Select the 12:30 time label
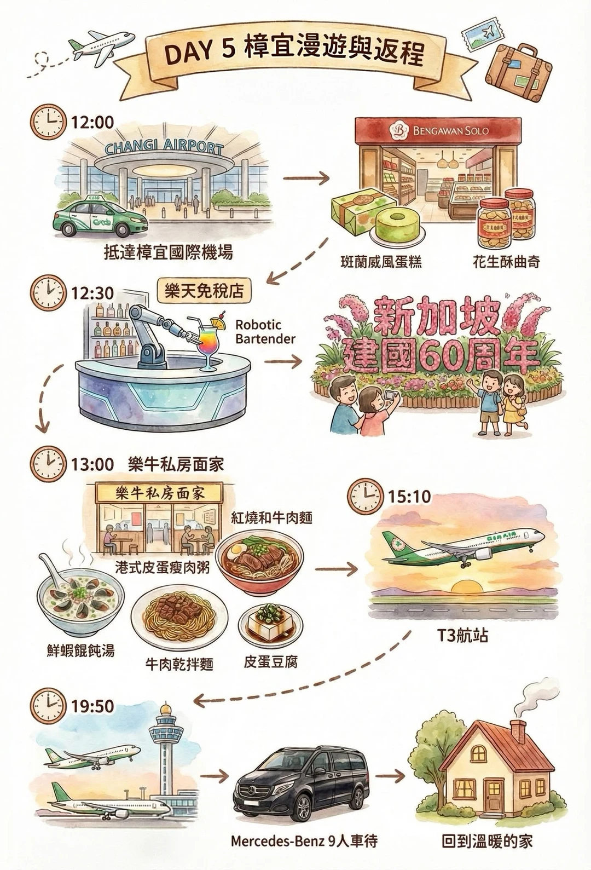[x=92, y=293]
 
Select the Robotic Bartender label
[x=265, y=332]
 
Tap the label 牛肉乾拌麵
[x=179, y=664]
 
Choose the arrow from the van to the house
[x=390, y=776]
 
